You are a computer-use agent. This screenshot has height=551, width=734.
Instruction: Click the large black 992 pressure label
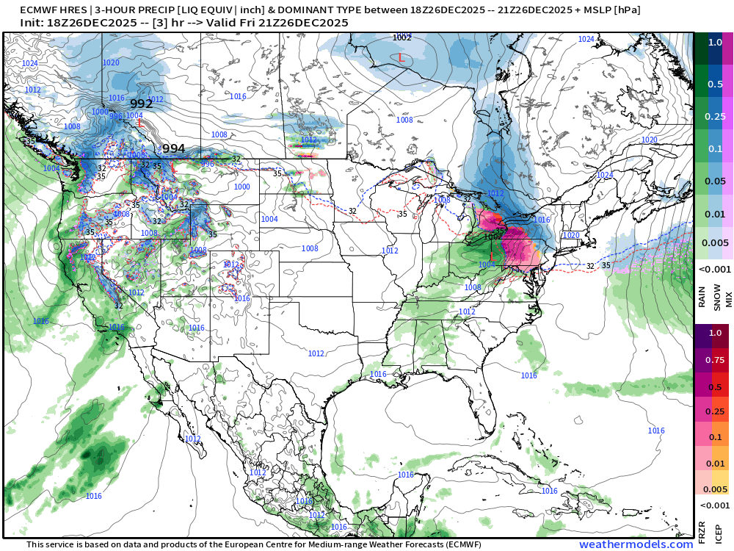pos(141,104)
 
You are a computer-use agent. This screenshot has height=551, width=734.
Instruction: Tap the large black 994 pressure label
pos(174,148)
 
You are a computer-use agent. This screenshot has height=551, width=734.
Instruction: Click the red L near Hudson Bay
pos(400,57)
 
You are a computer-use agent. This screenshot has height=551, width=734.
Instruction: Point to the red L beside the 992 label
pos(139,123)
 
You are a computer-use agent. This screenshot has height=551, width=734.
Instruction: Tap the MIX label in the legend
pos(727,299)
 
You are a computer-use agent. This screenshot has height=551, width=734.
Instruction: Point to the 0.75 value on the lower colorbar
pos(714,360)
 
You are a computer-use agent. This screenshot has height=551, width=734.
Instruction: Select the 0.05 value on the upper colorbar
pos(714,181)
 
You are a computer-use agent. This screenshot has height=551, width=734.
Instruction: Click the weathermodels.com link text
pos(636,544)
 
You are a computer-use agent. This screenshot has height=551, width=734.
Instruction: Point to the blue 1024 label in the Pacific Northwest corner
pos(29,64)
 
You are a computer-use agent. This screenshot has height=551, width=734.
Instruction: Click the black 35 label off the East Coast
pos(606,265)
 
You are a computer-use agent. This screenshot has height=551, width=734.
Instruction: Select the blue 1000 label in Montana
pos(241,187)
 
